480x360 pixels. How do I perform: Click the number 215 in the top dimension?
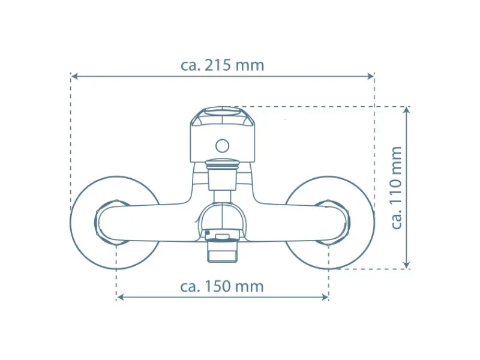(217, 65)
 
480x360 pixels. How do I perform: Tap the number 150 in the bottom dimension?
(217, 287)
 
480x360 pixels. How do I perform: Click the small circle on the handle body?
(222, 146)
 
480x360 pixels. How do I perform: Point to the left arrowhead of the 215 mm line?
(74, 76)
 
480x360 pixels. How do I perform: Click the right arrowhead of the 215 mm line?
(370, 76)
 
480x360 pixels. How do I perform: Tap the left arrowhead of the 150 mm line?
(121, 297)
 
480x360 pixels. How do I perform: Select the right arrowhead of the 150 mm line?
(325, 297)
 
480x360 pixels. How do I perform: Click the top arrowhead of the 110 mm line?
(407, 110)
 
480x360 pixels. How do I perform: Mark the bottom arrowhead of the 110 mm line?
(407, 265)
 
